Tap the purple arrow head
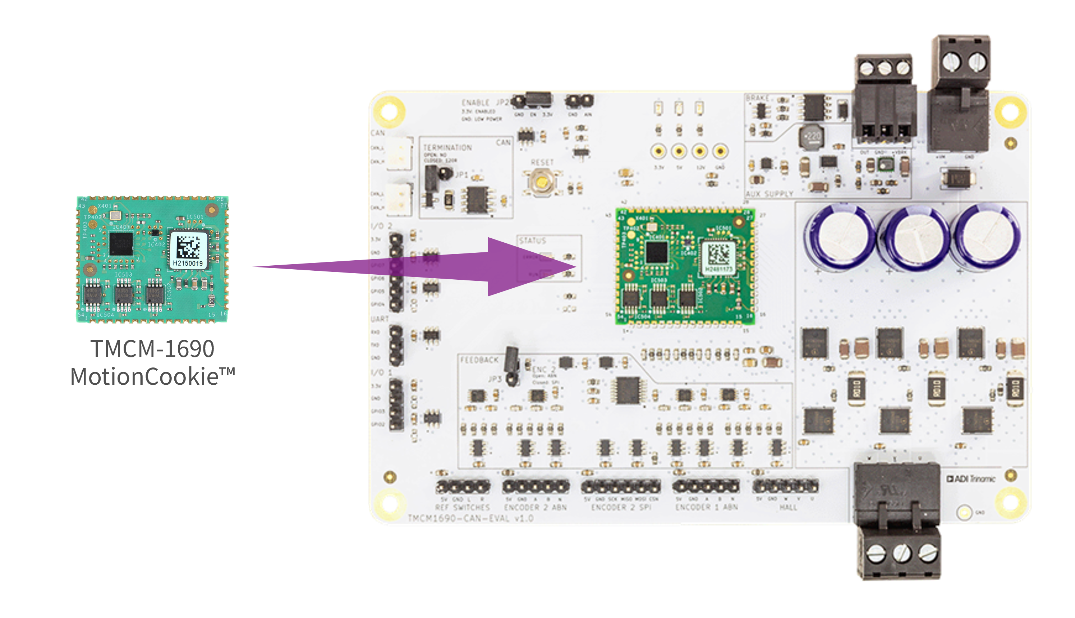coord(526,266)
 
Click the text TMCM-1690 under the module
coord(153,348)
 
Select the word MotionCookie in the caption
coord(144,376)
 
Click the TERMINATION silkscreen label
coord(447,148)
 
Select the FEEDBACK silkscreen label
coord(479,360)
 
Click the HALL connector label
coord(788,507)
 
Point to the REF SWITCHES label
coord(463,507)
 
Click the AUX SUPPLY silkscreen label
coord(769,194)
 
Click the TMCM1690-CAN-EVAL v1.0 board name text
coord(470,518)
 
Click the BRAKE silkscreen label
coord(757,98)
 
